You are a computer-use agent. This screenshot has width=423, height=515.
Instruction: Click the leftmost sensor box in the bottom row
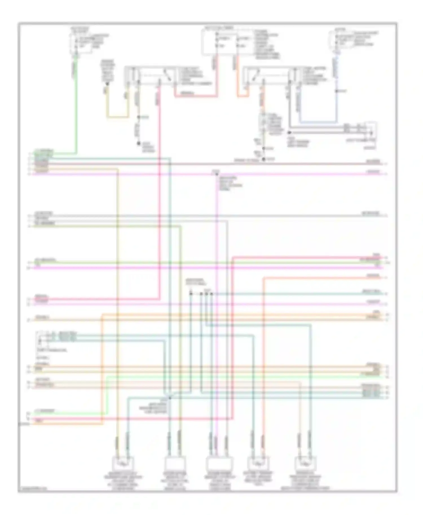pyautogui.click(x=123, y=463)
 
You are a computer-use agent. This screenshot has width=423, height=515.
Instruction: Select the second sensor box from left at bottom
pyautogui.click(x=175, y=463)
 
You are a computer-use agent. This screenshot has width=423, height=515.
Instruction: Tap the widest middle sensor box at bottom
pyautogui.click(x=219, y=463)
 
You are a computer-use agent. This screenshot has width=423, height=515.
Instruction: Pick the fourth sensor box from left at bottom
pyautogui.click(x=258, y=463)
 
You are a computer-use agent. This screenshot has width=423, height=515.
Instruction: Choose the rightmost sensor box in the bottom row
pyautogui.click(x=305, y=463)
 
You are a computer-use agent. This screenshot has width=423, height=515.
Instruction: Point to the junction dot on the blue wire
pyautogui.click(x=336, y=91)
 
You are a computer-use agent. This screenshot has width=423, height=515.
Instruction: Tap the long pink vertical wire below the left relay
pyautogui.click(x=160, y=197)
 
